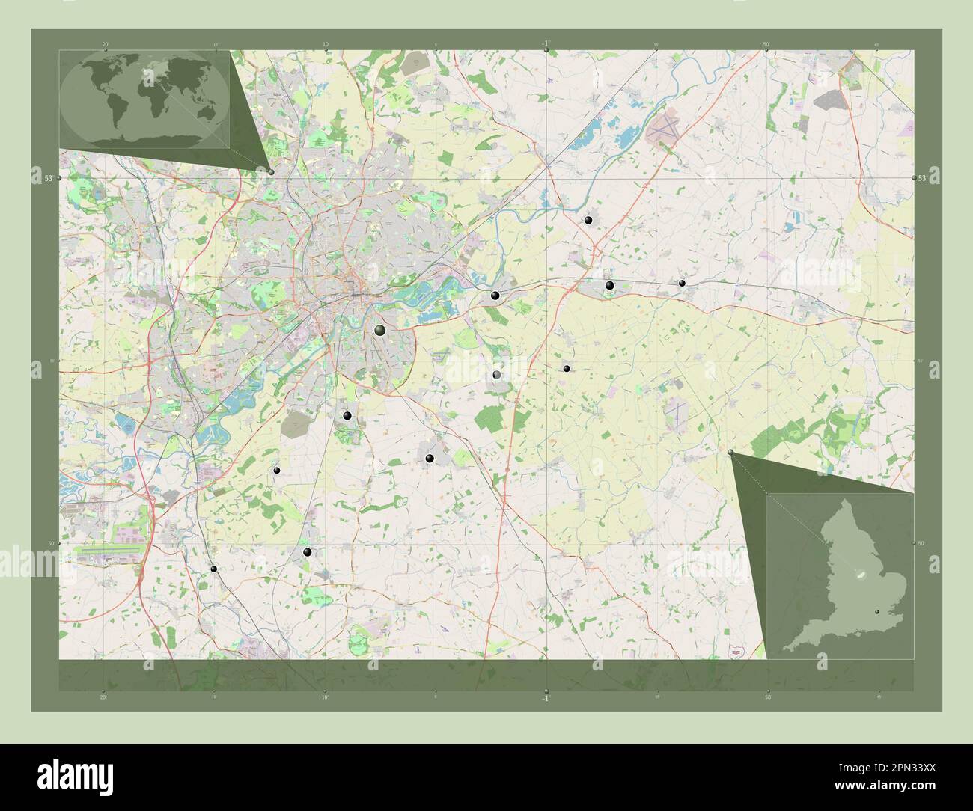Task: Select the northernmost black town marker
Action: point(589,220)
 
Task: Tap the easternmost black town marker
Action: point(682,283)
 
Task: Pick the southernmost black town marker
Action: point(215,569)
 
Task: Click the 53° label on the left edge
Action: point(49,178)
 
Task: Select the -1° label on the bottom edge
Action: point(546,698)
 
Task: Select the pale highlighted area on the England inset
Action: point(858,574)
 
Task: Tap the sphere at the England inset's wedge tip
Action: point(731,452)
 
